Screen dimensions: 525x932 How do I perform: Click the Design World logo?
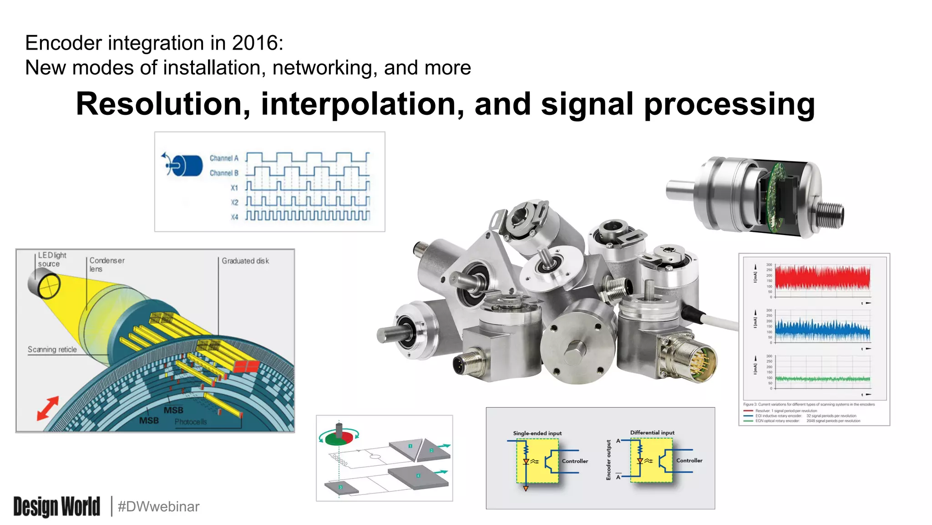[x=56, y=506]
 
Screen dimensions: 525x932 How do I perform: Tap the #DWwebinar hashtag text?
[x=158, y=506]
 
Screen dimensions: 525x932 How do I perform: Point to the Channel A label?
[x=224, y=158]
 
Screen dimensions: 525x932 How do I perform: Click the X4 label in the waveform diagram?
[x=234, y=217]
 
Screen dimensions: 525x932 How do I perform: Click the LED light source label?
[x=51, y=259]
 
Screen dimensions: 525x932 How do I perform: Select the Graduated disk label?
[x=245, y=261]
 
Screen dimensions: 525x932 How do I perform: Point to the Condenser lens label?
[x=106, y=264]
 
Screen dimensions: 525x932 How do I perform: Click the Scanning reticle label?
[x=52, y=350]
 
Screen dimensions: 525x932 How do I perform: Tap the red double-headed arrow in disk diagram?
[x=48, y=407]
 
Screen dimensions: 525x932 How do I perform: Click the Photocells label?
[x=191, y=422]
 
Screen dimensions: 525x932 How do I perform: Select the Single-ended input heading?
[x=537, y=433]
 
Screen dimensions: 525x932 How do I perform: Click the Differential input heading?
[x=652, y=432]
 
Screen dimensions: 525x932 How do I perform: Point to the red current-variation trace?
[x=822, y=278]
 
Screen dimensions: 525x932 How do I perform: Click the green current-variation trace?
[x=822, y=379]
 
